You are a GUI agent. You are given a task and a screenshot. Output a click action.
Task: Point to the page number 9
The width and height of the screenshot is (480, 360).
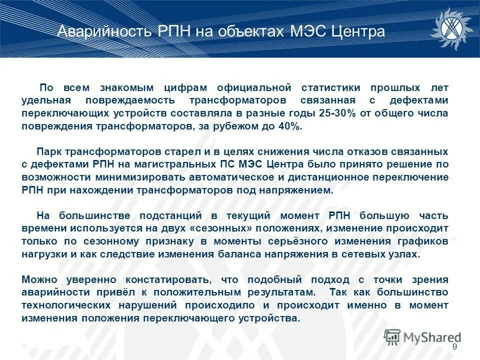click(454, 347)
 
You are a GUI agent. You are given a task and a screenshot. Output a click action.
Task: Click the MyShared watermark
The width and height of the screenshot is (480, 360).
click(422, 337)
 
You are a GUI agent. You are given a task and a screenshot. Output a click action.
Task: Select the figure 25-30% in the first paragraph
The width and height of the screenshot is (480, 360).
click(336, 113)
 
